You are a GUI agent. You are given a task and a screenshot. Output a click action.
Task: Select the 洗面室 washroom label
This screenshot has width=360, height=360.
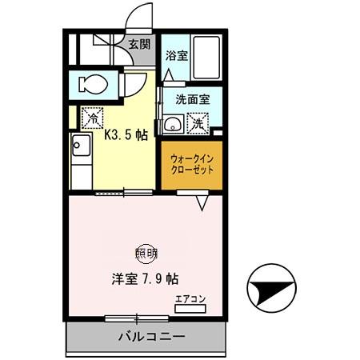[x=191, y=101]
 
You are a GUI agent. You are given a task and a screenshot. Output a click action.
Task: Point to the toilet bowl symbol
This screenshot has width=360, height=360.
[x=91, y=84]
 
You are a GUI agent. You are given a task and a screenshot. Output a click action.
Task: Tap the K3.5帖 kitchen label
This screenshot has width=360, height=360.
[x=127, y=135]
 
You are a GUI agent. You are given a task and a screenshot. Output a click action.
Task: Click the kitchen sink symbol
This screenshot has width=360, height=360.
[x=81, y=146]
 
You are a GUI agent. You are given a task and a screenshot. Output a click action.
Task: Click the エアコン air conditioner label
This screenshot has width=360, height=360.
[x=190, y=300]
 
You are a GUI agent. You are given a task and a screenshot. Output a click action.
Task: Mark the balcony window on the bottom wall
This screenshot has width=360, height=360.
[x=137, y=318]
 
